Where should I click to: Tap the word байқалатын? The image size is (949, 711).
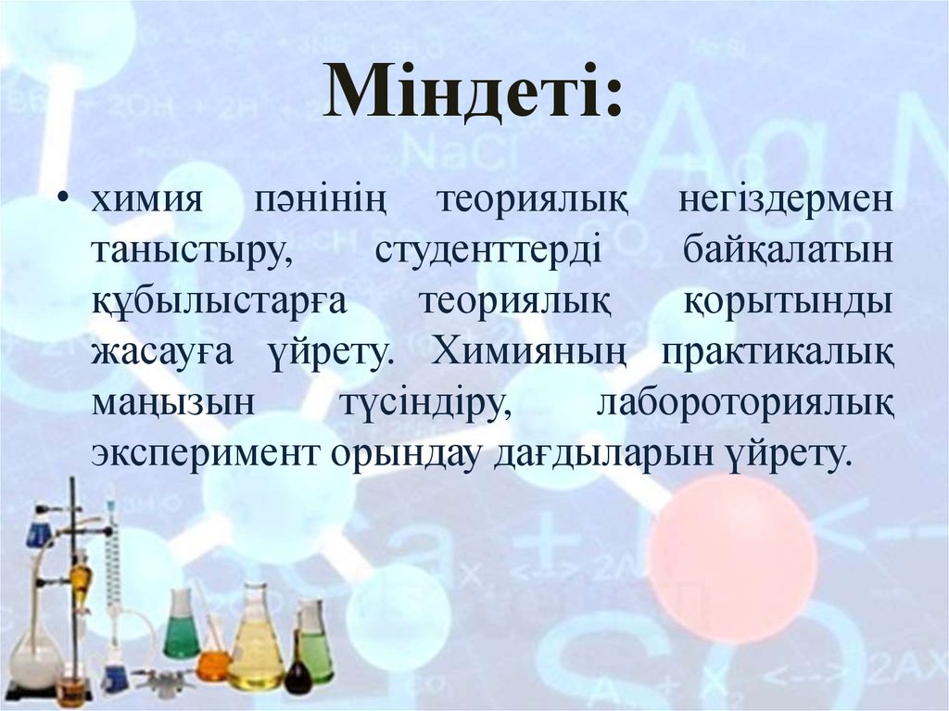pos(789,253)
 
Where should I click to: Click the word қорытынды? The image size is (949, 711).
pos(789,304)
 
